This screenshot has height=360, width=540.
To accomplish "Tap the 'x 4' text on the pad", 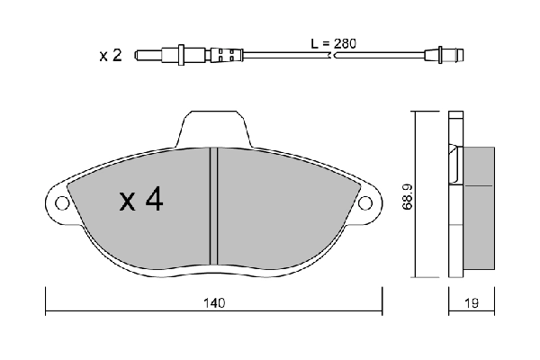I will tap(141, 200).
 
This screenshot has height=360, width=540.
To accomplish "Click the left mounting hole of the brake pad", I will tap(61, 202).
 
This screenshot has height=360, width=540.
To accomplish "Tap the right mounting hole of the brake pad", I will tap(367, 202).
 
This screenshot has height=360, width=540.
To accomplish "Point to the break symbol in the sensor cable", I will tap(337, 56).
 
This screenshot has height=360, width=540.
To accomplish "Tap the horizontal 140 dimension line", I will tap(135, 311).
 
